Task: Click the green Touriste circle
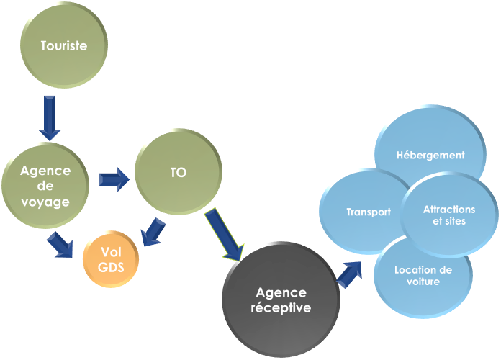(x=63, y=46)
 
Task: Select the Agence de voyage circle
(x=45, y=186)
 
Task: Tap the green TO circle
(x=178, y=173)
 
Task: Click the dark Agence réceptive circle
(x=280, y=300)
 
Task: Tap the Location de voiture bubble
(x=423, y=275)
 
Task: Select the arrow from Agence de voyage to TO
(x=113, y=178)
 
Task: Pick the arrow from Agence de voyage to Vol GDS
(x=60, y=244)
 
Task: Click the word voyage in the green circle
(x=45, y=202)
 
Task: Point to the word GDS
(x=111, y=267)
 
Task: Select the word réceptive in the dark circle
(x=280, y=308)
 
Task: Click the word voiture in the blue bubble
(x=423, y=282)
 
